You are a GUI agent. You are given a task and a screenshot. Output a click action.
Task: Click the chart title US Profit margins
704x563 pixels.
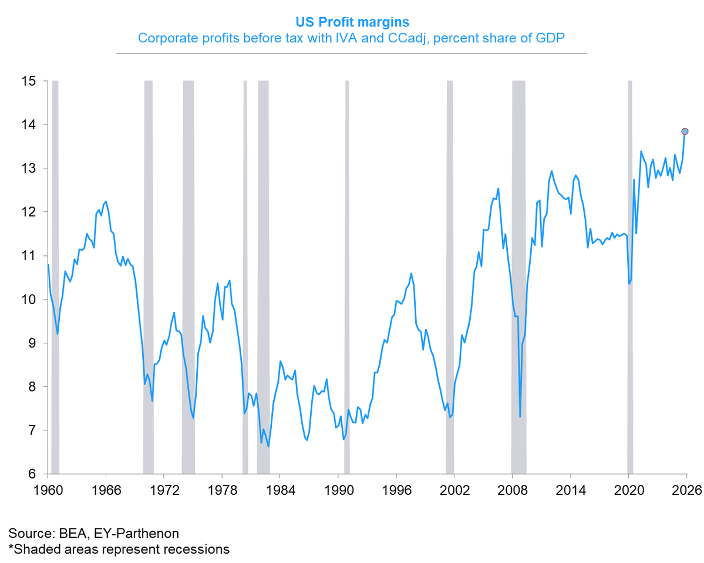352,22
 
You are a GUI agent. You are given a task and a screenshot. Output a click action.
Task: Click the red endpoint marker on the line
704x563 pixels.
685,132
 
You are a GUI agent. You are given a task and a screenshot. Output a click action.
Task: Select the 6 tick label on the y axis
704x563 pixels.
35,474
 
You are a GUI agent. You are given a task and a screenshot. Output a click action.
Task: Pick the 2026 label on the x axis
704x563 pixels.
687,490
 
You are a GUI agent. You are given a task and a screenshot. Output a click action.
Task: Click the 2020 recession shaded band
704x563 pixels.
630,276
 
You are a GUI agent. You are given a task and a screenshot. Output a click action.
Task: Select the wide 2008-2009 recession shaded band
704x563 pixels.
518,276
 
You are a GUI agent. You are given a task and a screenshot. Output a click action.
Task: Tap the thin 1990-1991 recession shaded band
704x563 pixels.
347,276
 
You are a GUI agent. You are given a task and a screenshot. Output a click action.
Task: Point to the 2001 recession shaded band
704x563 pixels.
450,276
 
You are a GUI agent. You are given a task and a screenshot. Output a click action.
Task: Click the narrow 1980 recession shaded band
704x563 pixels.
245,276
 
